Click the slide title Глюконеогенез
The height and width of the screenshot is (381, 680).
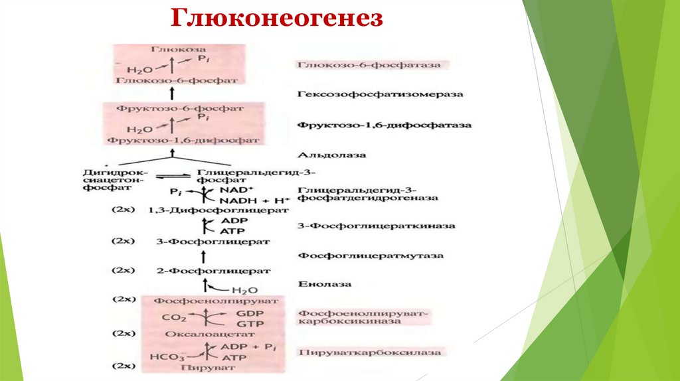(277, 18)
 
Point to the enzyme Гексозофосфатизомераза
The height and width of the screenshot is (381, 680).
(380, 94)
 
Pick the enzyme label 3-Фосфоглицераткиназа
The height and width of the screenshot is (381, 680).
(377, 226)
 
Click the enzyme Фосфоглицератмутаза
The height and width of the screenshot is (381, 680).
(371, 255)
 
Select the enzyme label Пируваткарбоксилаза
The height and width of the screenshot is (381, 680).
(369, 352)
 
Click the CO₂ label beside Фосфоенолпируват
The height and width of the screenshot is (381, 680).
(170, 318)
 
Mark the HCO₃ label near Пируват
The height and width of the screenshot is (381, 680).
(163, 356)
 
